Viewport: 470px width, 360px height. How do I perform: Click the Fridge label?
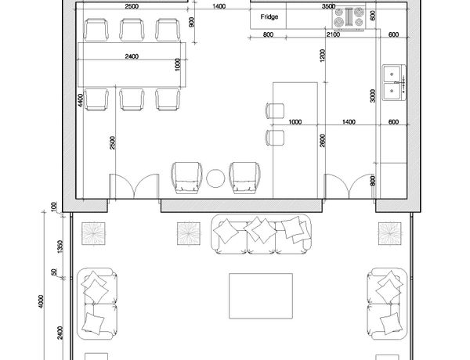click(x=269, y=16)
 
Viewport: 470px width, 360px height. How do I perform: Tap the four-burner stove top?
click(x=349, y=18)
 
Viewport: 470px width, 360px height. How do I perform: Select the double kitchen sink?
click(x=394, y=82)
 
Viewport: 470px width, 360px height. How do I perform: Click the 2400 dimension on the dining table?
click(x=132, y=56)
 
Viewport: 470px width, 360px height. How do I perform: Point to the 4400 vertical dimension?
click(x=80, y=100)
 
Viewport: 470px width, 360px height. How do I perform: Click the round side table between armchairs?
click(x=215, y=178)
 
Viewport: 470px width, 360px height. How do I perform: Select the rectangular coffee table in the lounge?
click(x=261, y=296)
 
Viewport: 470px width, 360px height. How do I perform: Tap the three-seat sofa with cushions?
click(x=261, y=234)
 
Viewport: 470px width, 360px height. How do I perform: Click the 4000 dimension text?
click(x=41, y=301)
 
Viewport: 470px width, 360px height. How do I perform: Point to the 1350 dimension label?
click(x=60, y=247)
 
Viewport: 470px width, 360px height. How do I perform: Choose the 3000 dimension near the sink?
click(x=373, y=95)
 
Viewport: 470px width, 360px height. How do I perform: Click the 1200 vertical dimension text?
click(x=322, y=56)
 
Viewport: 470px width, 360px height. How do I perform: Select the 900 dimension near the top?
click(x=192, y=22)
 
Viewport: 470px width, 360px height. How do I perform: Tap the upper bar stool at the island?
click(x=275, y=110)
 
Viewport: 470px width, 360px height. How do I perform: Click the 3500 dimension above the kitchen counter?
click(x=328, y=6)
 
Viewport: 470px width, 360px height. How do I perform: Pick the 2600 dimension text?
click(x=322, y=141)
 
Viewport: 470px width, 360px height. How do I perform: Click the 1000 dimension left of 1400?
click(x=295, y=121)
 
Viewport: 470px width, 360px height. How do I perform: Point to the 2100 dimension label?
click(x=333, y=34)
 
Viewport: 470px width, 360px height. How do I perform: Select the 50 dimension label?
click(x=53, y=272)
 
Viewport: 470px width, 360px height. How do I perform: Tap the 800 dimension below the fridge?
click(x=268, y=34)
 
